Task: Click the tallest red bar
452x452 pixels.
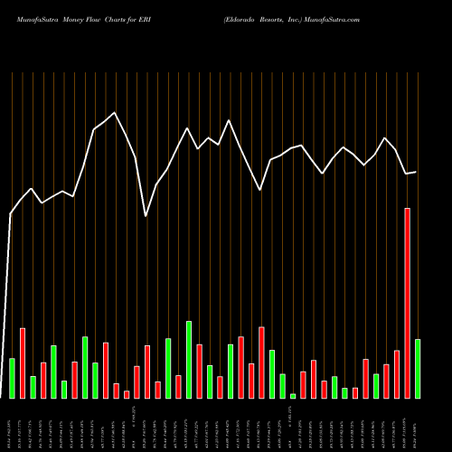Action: tap(408, 303)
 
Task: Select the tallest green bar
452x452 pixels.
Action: tap(189, 359)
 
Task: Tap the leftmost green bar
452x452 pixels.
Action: tap(13, 378)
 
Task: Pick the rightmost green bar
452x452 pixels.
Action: tap(418, 368)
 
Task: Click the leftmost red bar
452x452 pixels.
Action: tap(23, 363)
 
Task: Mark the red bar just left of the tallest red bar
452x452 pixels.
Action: tap(397, 373)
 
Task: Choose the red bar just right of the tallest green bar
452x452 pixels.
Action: tap(199, 371)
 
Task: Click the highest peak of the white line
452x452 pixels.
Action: tap(114, 113)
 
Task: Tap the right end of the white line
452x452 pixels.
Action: tap(416, 172)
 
